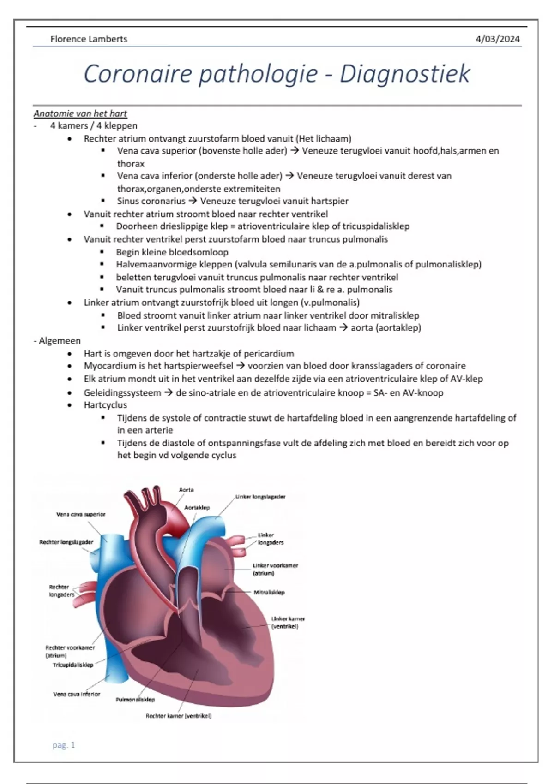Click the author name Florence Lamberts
[89, 39]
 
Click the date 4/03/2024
[497, 39]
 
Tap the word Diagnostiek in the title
[405, 74]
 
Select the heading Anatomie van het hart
[80, 113]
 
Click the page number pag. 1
[64, 745]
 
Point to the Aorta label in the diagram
[186, 490]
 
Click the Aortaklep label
[197, 507]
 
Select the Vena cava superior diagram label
[81, 514]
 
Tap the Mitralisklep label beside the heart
[269, 592]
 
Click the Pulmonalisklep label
[135, 700]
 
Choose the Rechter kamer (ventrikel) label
[178, 716]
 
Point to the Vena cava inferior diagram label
[77, 694]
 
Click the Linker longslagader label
[260, 497]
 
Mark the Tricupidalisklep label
[73, 665]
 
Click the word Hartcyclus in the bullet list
[105, 405]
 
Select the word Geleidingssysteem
[122, 393]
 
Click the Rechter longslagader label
[66, 542]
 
